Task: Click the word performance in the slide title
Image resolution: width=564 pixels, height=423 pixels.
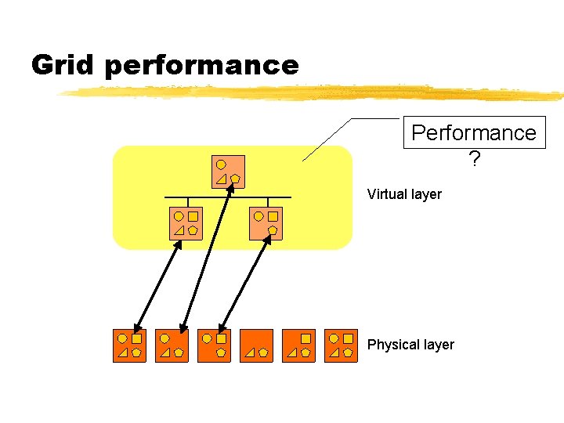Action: click(201, 66)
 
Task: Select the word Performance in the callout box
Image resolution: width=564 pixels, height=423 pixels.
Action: click(473, 132)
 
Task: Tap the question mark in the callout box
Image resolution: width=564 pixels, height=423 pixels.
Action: click(474, 159)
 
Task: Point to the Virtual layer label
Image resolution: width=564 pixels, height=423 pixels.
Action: click(404, 194)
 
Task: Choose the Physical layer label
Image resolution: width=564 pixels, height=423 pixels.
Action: click(410, 345)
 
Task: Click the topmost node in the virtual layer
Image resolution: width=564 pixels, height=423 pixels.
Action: click(228, 172)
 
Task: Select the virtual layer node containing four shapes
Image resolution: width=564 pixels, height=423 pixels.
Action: click(186, 222)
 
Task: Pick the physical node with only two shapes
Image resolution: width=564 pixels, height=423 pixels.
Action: click(256, 345)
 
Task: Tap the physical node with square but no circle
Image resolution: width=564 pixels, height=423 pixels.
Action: click(298, 345)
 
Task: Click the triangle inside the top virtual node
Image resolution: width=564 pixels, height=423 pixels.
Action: click(221, 179)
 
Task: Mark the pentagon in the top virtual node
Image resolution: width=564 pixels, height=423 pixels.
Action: click(235, 179)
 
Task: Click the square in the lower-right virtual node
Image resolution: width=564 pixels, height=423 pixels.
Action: click(273, 215)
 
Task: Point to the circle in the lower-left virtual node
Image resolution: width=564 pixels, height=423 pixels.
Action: click(179, 215)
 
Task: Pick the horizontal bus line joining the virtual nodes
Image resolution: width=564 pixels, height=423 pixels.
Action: click(227, 197)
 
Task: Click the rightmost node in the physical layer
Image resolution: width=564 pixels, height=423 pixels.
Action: click(341, 345)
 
